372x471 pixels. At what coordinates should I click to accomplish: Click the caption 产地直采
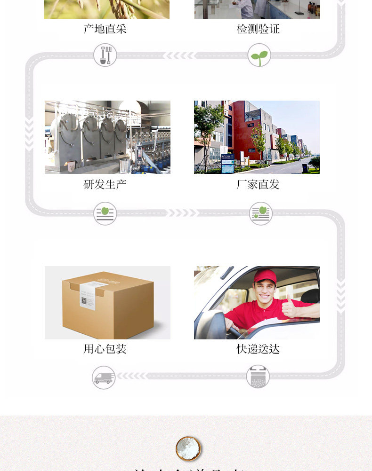[x=105, y=29]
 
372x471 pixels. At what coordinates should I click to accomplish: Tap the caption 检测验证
[x=258, y=29]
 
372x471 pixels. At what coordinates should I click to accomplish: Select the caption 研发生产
[x=105, y=184]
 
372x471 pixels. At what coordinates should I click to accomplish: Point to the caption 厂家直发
[x=258, y=184]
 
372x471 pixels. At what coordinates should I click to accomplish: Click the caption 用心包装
[x=105, y=349]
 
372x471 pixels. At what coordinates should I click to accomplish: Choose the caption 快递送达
[x=258, y=349]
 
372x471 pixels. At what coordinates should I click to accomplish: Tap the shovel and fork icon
[x=105, y=55]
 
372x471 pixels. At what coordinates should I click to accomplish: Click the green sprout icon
[x=259, y=55]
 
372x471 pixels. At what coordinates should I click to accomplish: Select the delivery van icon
[x=104, y=377]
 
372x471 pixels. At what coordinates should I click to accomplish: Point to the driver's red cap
[x=265, y=275]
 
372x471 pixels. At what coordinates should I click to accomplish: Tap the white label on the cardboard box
[x=89, y=295]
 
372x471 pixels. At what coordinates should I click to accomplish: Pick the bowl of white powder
[x=188, y=447]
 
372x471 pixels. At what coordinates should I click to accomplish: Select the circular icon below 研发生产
[x=105, y=213]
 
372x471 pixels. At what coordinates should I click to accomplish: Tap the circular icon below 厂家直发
[x=260, y=213]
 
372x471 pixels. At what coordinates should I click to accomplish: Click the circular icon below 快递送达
[x=258, y=377]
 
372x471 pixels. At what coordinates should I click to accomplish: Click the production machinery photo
[x=107, y=137]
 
